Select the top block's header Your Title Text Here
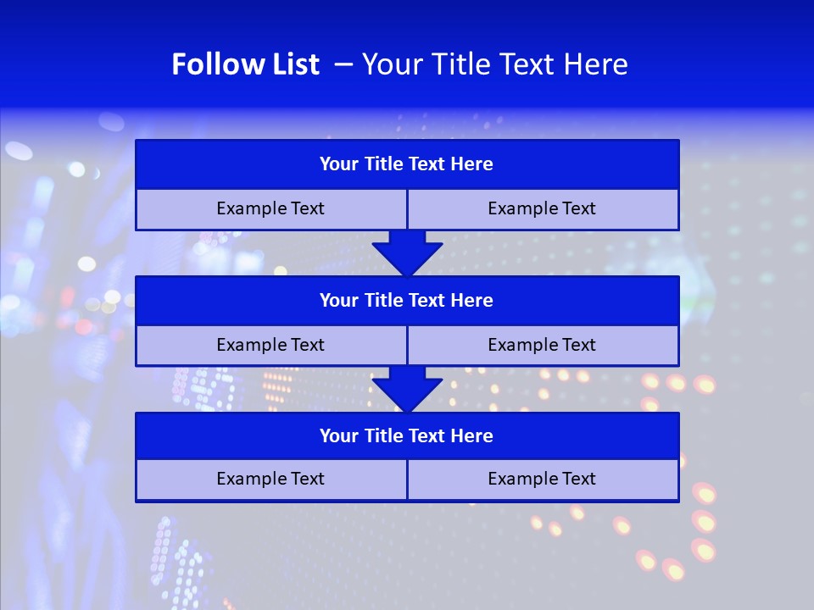406,164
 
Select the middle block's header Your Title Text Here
406,300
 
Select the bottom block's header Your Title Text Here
406,435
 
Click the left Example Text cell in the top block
270,208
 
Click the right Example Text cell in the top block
542,208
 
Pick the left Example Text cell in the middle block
270,345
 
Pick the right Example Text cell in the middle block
542,345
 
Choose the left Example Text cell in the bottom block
270,479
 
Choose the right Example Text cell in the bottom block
542,479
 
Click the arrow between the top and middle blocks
407,252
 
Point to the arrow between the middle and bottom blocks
407,389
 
